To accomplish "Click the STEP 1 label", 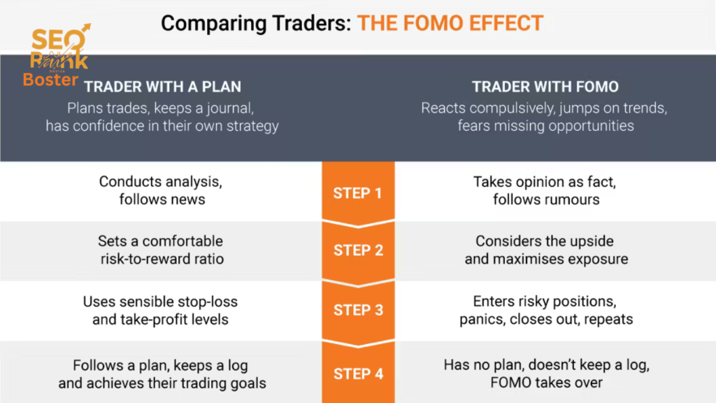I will click(x=358, y=192).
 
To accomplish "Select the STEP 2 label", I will click(x=358, y=250).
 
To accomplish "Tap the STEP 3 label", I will click(x=358, y=310).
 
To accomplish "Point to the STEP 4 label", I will click(x=358, y=374).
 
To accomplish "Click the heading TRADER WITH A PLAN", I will click(x=162, y=87).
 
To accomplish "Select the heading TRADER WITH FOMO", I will click(x=545, y=87).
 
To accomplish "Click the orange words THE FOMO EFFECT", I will click(x=450, y=23).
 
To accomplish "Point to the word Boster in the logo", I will click(x=50, y=80).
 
